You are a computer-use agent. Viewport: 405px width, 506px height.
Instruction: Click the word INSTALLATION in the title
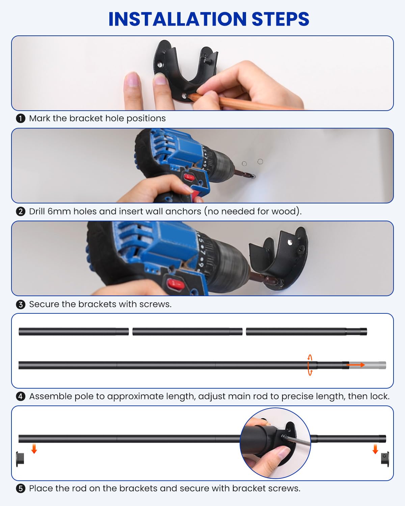coord(178,19)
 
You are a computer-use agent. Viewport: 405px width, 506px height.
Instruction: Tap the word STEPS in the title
coord(280,19)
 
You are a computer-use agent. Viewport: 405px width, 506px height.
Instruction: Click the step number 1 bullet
coord(21,118)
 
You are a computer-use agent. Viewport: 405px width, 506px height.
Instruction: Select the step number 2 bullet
coord(21,212)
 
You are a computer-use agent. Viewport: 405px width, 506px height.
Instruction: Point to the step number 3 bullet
coord(21,305)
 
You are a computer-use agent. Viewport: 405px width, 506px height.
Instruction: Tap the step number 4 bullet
coord(21,397)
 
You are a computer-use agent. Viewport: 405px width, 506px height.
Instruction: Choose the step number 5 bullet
coord(21,488)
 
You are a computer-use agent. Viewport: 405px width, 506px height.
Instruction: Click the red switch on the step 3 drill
coord(175,284)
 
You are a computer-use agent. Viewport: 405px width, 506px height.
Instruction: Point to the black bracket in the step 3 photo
coord(279,259)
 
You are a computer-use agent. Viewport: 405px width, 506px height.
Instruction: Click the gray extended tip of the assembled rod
coord(368,365)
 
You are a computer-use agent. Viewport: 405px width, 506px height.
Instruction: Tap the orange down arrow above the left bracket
coord(34,449)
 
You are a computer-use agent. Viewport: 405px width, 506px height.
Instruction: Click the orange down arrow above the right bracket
coord(375,449)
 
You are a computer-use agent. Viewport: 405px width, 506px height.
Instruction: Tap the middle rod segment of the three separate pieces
coord(187,332)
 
